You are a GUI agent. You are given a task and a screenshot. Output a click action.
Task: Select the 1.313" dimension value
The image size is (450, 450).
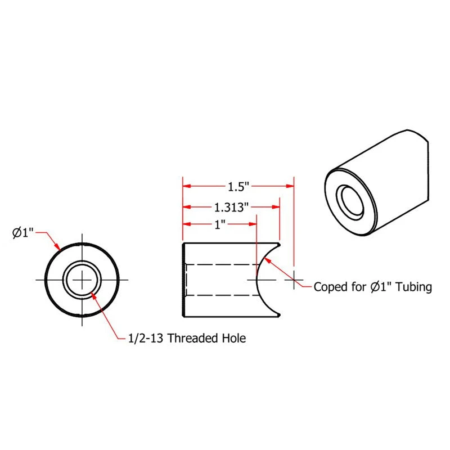231,207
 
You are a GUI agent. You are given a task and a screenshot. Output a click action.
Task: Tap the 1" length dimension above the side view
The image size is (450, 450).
219,224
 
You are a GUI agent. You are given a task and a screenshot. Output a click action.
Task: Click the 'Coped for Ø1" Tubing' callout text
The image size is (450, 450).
372,287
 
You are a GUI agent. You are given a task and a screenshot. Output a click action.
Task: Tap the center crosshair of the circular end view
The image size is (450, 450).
82,280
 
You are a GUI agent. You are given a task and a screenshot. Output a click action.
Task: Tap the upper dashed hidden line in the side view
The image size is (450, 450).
219,264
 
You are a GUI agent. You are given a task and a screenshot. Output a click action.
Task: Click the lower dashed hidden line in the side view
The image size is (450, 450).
219,295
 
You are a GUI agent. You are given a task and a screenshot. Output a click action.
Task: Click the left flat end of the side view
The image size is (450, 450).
183,280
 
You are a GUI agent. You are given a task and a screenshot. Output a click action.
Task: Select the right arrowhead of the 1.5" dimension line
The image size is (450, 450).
291,186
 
